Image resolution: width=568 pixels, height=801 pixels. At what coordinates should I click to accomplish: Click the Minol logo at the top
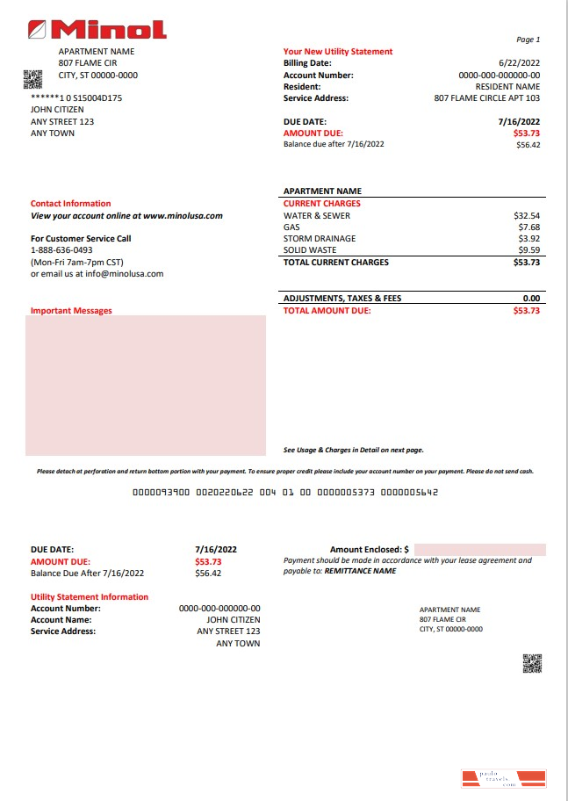click(97, 30)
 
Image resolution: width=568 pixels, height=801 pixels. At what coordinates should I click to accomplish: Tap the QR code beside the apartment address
click(32, 80)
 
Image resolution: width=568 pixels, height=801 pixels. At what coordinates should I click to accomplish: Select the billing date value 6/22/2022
click(519, 63)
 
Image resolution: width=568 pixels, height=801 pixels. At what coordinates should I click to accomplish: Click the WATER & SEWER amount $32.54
click(527, 215)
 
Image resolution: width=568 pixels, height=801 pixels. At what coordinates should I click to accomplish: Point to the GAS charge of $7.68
click(529, 227)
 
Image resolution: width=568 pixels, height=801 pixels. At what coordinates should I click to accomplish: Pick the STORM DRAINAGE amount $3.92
click(529, 238)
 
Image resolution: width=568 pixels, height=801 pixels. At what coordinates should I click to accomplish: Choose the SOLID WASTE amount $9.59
click(529, 250)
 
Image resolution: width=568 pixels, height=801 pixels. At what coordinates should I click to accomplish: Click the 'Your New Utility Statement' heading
click(338, 52)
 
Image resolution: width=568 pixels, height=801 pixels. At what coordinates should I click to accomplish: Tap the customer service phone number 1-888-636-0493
click(61, 250)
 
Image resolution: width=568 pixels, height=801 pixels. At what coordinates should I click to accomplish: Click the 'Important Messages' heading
click(71, 311)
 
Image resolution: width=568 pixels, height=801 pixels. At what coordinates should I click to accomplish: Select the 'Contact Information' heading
click(71, 204)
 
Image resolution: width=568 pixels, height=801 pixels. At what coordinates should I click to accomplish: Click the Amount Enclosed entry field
click(479, 550)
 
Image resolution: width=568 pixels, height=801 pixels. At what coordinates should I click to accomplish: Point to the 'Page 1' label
click(528, 40)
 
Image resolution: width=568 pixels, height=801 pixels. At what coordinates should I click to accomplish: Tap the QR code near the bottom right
click(532, 664)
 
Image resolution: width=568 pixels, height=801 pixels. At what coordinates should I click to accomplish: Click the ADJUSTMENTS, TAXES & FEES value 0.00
click(531, 299)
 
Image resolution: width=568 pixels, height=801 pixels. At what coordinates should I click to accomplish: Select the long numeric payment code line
click(284, 493)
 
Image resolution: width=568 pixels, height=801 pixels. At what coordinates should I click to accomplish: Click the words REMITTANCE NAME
click(360, 571)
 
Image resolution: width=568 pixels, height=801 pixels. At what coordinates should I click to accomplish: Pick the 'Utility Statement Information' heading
click(90, 597)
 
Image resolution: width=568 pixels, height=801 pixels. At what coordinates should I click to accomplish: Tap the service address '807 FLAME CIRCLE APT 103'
click(487, 98)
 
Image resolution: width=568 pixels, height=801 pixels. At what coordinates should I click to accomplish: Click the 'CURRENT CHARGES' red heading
click(321, 204)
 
